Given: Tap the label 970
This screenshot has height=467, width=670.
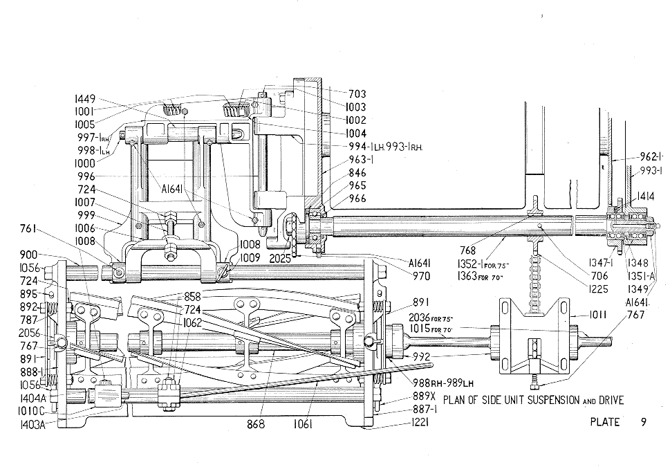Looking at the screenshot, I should [421, 277].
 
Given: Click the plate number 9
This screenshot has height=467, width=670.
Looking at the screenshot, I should [643, 422].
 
